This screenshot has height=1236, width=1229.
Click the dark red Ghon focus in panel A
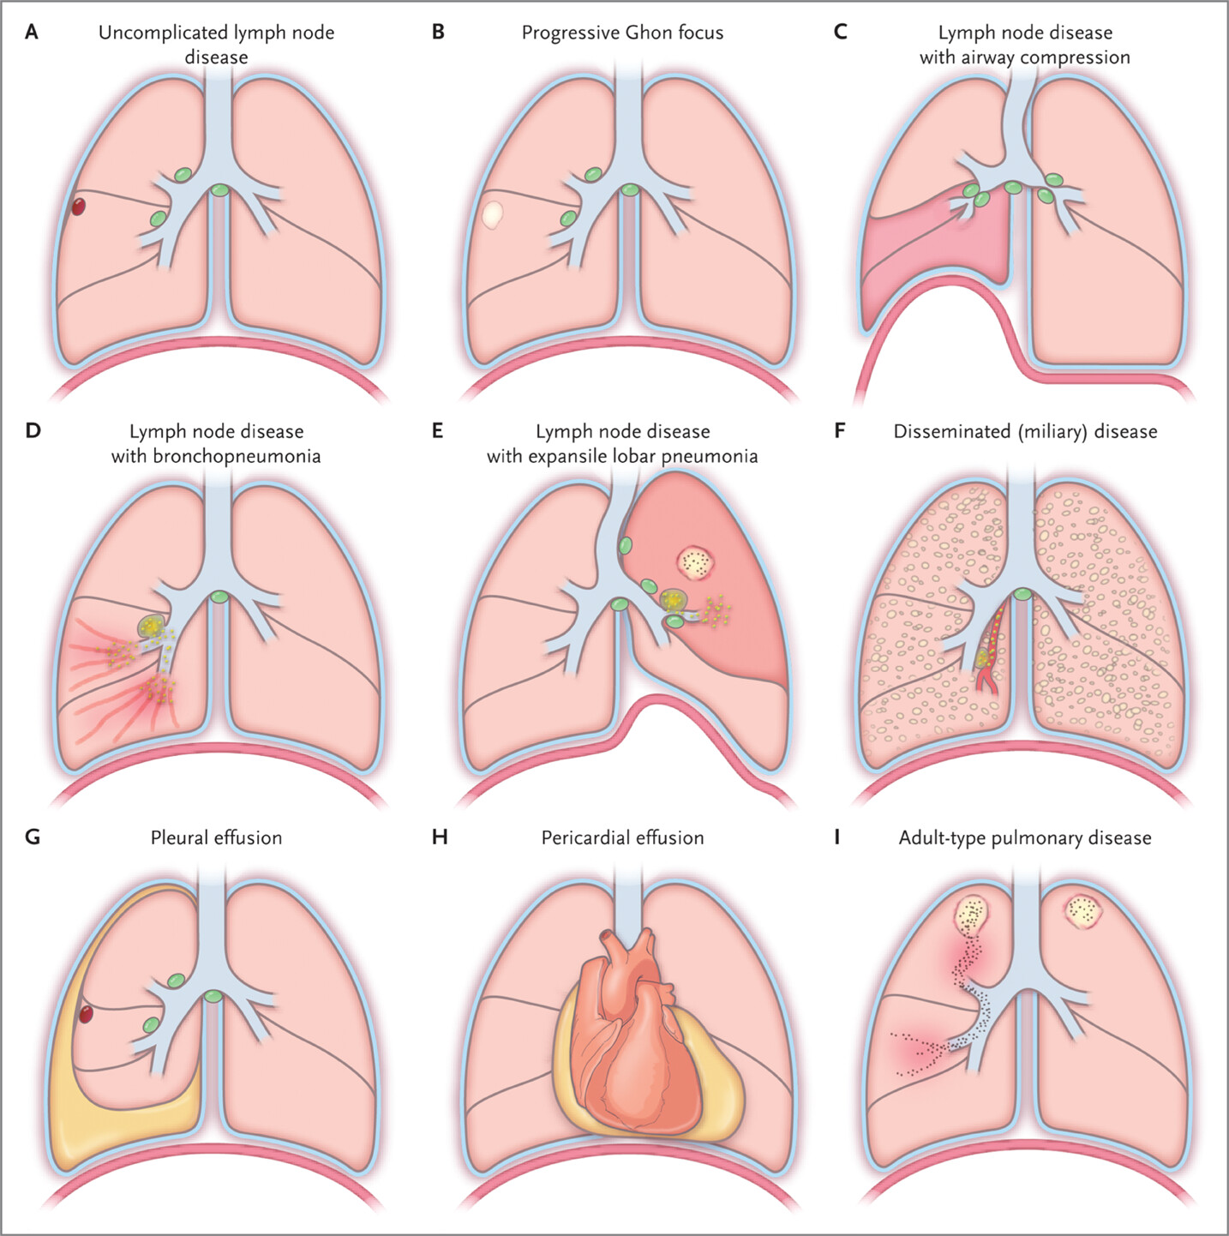[x=78, y=206]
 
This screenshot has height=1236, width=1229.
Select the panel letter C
[x=840, y=32]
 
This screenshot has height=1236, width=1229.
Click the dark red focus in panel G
[x=85, y=1014]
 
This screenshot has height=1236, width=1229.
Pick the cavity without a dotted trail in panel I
[x=1083, y=913]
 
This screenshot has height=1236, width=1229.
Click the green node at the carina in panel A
[x=220, y=190]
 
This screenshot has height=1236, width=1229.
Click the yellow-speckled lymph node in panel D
[x=152, y=627]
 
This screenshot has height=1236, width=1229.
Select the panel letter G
[x=32, y=837]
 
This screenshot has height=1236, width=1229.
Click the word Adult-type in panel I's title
[x=942, y=838]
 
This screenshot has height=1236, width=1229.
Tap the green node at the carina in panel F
[x=1022, y=594]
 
